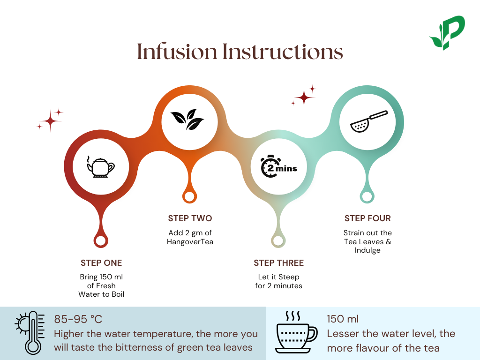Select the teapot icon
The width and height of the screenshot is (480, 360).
(x=101, y=167)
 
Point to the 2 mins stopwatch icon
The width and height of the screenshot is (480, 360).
(x=278, y=167)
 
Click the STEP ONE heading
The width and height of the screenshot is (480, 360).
(x=101, y=262)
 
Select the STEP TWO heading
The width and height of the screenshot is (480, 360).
(x=190, y=218)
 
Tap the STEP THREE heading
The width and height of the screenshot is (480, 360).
(x=278, y=262)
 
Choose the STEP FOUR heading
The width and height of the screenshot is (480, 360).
(x=367, y=218)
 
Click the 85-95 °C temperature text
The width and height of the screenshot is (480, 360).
(x=78, y=319)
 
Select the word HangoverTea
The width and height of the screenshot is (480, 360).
(x=190, y=241)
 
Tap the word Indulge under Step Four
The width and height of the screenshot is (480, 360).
(x=367, y=250)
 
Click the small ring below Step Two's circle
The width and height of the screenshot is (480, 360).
(x=189, y=196)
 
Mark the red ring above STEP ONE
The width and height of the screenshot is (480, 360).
(x=100, y=241)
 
